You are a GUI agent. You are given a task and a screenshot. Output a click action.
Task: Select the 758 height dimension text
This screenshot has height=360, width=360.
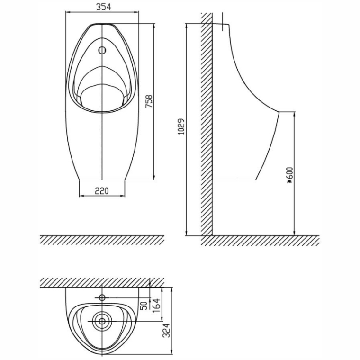point(149,101)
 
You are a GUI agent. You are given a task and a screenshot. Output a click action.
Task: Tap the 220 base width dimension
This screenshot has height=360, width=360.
point(102,191)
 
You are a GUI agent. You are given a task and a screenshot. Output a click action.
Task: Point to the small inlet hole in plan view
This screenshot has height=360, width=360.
point(102,298)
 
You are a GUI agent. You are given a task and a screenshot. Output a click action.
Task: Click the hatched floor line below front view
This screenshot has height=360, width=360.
point(102,240)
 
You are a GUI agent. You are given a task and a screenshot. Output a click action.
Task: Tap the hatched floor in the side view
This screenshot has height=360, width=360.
point(261,241)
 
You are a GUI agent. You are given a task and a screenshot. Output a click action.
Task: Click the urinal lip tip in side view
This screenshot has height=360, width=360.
point(279,112)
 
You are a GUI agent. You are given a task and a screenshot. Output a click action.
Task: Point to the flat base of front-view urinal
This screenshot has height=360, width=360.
point(102,180)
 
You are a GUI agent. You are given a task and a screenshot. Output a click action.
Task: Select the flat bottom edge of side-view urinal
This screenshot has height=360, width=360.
point(235,180)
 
